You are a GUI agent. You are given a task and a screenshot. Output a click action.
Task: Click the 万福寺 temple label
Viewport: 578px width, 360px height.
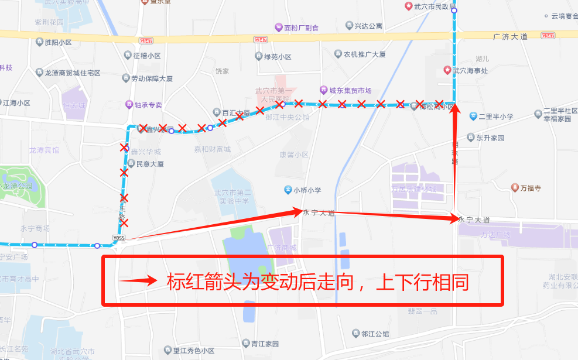coord(532,188)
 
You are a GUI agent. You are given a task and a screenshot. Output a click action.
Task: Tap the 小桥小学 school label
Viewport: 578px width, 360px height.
coord(307,190)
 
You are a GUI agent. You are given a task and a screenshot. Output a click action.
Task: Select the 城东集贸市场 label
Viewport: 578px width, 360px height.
coord(350,90)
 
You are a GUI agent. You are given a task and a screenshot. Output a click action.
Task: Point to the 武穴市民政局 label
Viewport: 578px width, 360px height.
coord(434,6)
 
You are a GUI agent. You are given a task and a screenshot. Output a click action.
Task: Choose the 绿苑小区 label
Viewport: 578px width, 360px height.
coord(278,57)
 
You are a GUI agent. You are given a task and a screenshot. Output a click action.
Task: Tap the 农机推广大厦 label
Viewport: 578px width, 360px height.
coord(364,54)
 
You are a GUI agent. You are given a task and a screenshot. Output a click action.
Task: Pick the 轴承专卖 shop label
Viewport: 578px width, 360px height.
coord(148,105)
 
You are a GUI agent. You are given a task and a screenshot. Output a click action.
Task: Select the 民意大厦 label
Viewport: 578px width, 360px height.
coord(150,164)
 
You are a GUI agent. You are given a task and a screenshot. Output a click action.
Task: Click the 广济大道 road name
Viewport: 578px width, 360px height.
coord(510,36)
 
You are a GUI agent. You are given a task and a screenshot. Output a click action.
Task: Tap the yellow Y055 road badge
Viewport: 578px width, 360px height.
coord(119,238)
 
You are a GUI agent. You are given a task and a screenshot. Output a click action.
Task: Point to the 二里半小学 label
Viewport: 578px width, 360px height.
coord(495,116)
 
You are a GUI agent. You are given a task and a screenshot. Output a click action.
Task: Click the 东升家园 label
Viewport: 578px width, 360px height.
coord(490,138)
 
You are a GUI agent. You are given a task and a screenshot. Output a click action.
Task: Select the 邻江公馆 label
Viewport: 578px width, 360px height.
coord(375,334)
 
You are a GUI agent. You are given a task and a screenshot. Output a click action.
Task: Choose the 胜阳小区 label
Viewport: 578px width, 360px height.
coord(57,42)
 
